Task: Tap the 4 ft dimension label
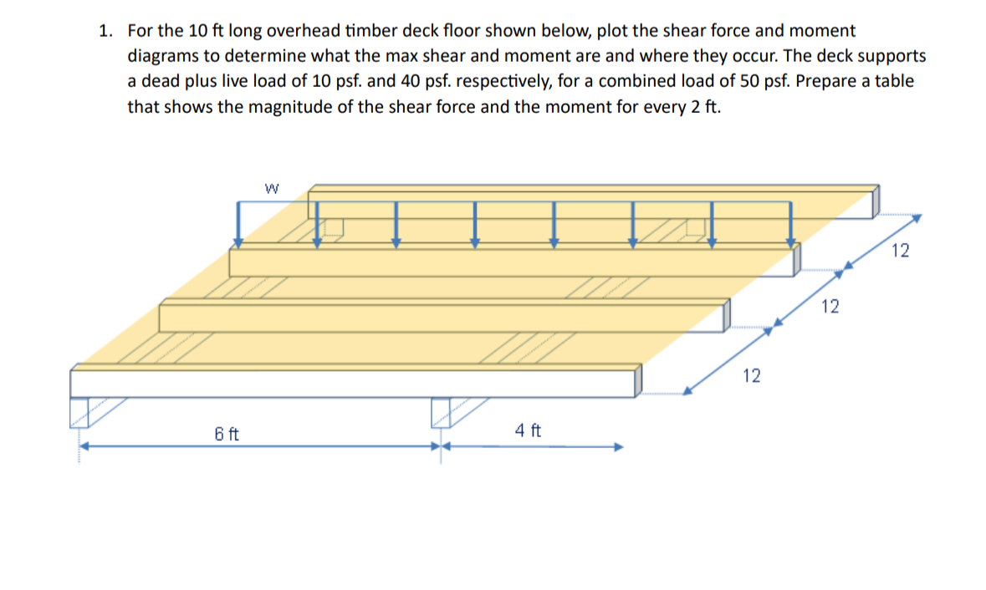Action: (x=528, y=430)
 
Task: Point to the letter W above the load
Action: (x=270, y=189)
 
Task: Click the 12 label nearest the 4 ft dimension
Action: (x=751, y=377)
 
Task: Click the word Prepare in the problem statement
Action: (x=823, y=82)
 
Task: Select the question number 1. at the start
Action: (x=105, y=32)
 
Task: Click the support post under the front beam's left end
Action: (x=79, y=412)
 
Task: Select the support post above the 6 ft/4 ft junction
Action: (x=441, y=412)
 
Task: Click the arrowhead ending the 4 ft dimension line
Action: (x=619, y=446)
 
